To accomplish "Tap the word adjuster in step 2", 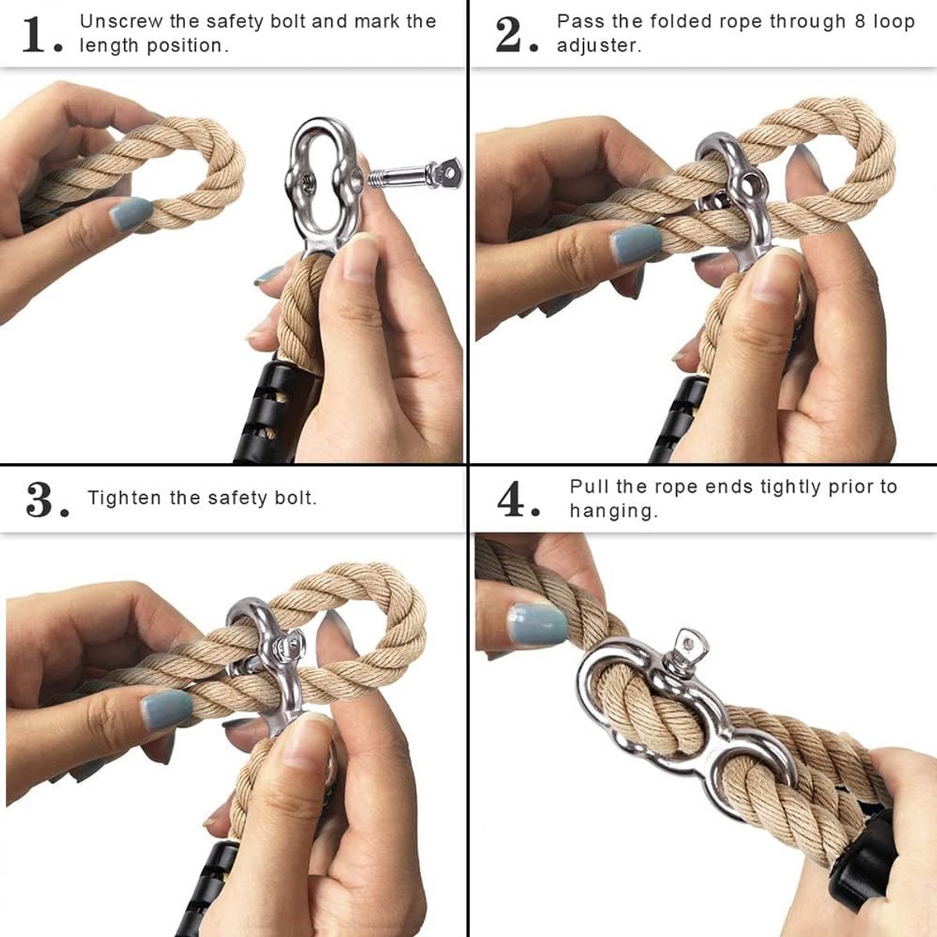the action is pos(599,46).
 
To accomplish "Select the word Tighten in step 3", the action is pos(124,498).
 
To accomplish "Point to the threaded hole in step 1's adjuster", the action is pos(306,183).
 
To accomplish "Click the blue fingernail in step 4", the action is pos(538,625).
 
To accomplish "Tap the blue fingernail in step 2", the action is pos(636,244).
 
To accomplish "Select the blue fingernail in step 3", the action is pos(167,708).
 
